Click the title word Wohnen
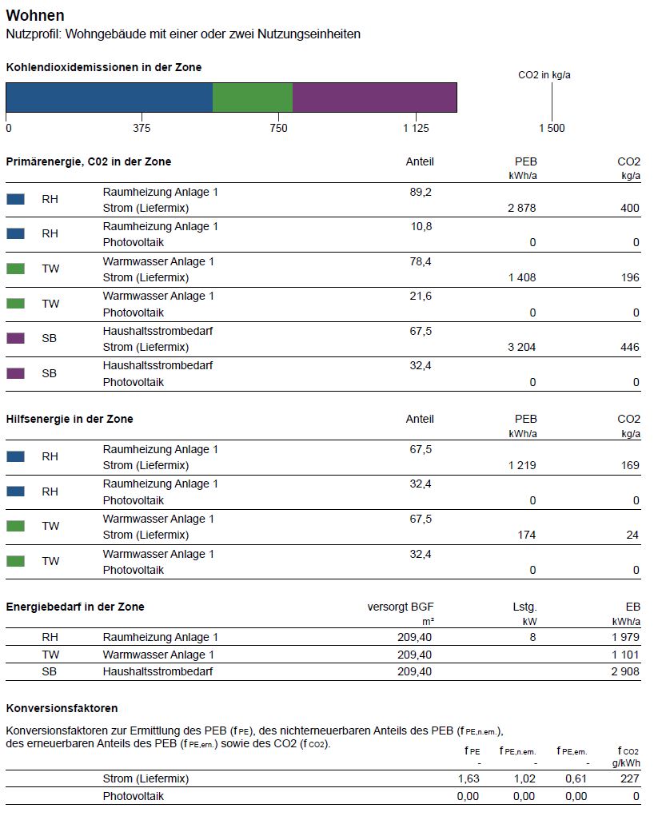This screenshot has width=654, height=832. coord(35,15)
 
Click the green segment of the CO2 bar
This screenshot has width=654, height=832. coord(253,97)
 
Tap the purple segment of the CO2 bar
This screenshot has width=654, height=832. coord(375,97)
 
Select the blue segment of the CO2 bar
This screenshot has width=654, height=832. coord(110,97)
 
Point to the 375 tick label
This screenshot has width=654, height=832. coord(142,128)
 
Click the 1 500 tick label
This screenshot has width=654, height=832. coord(552,128)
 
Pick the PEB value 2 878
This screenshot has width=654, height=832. coord(522,208)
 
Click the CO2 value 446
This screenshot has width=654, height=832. coord(629,347)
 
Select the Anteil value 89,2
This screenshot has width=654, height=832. coord(421,192)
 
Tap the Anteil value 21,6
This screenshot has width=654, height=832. coord(421,296)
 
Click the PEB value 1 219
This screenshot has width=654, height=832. coord(522,465)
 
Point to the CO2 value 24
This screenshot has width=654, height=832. coord(632,535)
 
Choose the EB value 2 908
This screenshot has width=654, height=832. coord(625,672)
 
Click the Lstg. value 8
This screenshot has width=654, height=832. coord(532,637)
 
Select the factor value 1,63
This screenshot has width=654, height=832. coord(469,779)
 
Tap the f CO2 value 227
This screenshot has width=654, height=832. coord(629,779)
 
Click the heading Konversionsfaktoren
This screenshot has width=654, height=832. coord(62,708)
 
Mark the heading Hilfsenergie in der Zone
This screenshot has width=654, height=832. coord(70,419)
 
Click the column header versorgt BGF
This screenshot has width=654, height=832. coord(401,607)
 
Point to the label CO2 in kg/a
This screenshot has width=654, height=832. coord(544,75)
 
